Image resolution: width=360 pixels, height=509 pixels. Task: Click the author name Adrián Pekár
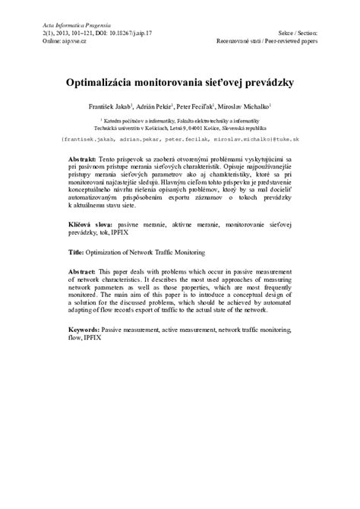coord(154,106)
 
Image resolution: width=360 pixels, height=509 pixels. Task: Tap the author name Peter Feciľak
coord(196,106)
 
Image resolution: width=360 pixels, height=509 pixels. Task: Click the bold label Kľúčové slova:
coord(90,225)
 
